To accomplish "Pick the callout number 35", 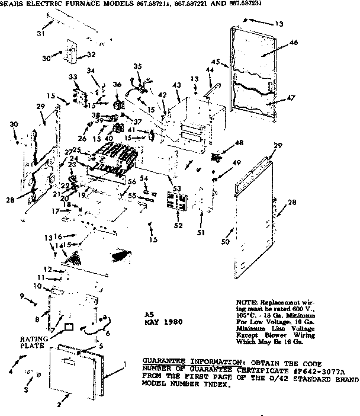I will tap(137, 66).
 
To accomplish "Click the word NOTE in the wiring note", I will tap(245, 301).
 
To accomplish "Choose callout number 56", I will tap(132, 181).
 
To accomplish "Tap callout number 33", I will tap(73, 77).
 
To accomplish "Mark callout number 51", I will tap(201, 232).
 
